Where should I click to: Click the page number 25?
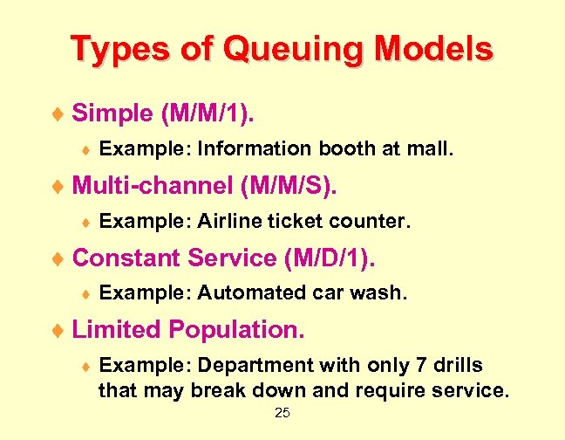point(282,412)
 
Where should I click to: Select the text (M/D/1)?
point(336,258)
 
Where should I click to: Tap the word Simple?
point(110,113)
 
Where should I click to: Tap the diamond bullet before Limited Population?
point(58,331)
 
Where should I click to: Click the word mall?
point(430,149)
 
